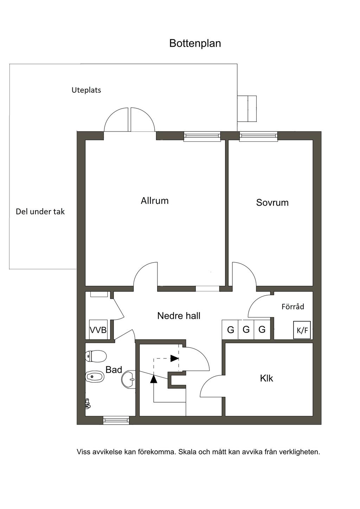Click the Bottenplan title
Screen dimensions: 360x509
coord(195,43)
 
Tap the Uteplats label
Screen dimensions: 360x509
coord(86,90)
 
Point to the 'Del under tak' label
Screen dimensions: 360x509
coord(40,212)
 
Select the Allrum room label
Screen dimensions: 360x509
coord(155,201)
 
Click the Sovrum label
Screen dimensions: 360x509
coord(272,202)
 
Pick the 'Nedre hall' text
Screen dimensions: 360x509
coord(179,316)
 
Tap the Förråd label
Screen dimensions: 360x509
coord(292,307)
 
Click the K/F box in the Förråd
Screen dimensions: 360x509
coord(302,330)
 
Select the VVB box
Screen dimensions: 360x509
coord(98,330)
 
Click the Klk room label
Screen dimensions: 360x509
coord(266,378)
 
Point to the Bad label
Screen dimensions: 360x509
coord(114,369)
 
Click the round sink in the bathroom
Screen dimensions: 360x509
coord(129,380)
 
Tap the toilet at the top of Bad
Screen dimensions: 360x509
coord(96,356)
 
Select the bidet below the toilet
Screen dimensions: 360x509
coord(95,377)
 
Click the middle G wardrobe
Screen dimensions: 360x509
coord(246,330)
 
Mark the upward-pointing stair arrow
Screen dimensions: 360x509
coord(154,379)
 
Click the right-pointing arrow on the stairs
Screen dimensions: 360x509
coord(174,359)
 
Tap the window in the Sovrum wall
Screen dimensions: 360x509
coord(258,136)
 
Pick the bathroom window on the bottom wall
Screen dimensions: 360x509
coord(116,420)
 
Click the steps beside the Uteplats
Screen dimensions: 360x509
coord(247,109)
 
